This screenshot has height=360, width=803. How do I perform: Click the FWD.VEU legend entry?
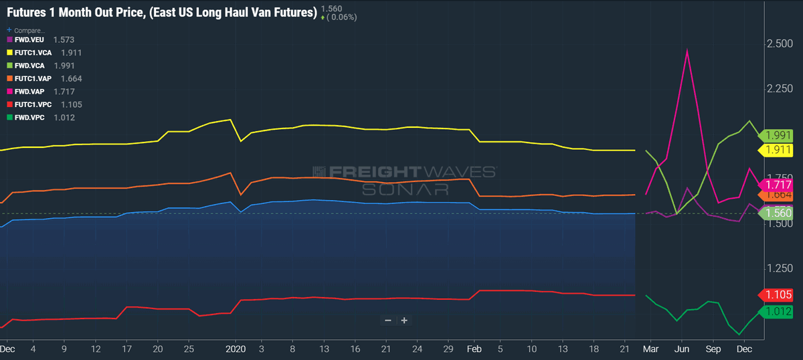point(41,39)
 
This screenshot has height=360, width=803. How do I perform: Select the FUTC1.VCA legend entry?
point(44,53)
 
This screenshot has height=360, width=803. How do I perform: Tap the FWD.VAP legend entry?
point(41,92)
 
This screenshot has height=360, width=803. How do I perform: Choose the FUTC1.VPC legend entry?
point(44,104)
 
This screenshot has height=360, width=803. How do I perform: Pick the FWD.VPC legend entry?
point(41,118)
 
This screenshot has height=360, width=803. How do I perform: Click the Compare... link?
point(26,31)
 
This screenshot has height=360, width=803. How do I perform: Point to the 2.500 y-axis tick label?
point(780,43)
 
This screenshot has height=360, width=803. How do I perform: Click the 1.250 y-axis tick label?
point(780,268)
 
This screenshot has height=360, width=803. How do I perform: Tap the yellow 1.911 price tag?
point(776,150)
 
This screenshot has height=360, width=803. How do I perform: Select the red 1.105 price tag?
point(776,294)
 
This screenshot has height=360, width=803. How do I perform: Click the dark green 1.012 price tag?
point(776,311)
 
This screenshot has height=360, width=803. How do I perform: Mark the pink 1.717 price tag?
point(776,185)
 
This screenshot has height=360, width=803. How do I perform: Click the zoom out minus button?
point(388,321)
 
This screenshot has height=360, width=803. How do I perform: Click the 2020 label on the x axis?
point(236,349)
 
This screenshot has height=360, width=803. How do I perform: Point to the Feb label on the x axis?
point(474,349)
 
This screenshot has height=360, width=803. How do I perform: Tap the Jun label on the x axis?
point(682,349)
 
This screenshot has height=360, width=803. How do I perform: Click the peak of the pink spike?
point(687,50)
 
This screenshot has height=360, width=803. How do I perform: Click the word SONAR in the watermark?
point(406,189)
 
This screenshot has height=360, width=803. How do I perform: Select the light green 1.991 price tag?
point(776,136)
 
